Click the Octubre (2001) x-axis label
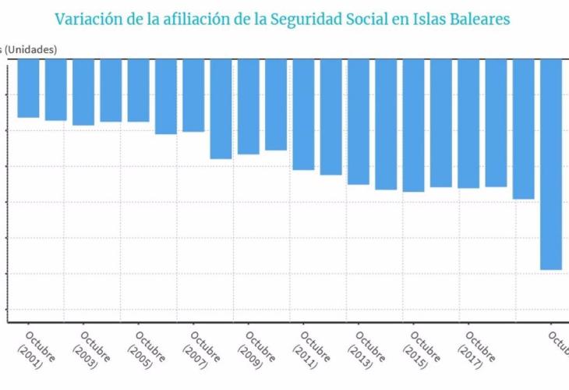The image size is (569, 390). click(35, 347)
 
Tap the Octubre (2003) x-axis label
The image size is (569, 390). click(90, 347)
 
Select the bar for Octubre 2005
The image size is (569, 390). click(138, 90)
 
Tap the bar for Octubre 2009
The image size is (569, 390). click(248, 107)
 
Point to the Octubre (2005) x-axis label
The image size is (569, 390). click(144, 347)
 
